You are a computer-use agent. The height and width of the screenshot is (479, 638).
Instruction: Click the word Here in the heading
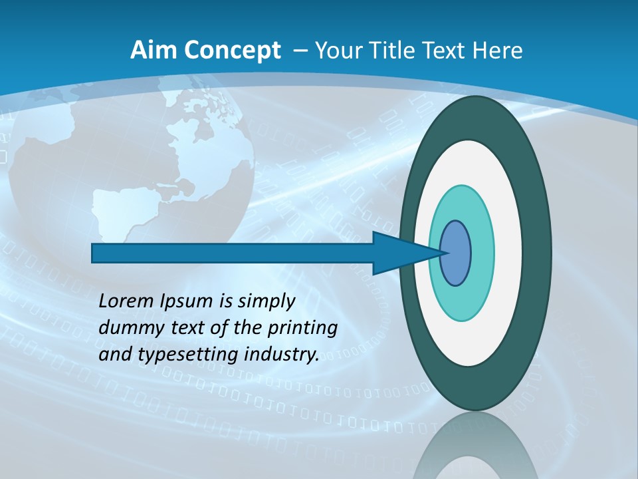497,51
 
